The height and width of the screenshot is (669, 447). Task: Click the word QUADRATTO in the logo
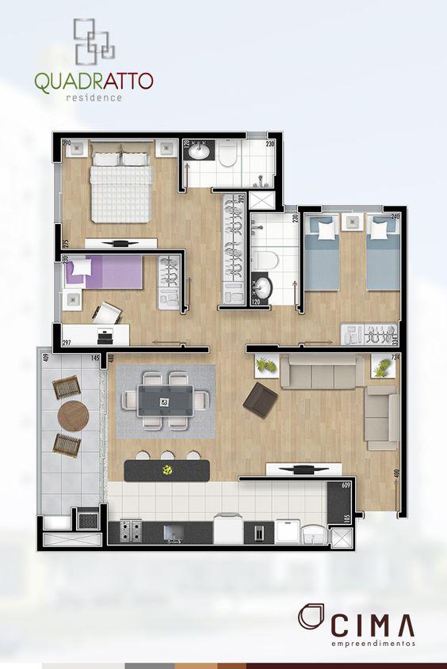[94, 81]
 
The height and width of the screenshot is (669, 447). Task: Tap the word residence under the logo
[94, 97]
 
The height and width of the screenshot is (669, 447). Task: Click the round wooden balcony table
[74, 416]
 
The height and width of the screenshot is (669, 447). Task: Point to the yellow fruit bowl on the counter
[168, 470]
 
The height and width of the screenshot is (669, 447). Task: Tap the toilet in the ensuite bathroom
[228, 155]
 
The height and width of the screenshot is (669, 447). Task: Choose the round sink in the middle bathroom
[261, 289]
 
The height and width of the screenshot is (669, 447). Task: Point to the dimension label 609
[346, 485]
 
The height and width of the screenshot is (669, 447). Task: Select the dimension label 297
[67, 343]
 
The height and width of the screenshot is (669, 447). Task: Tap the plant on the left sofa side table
[266, 366]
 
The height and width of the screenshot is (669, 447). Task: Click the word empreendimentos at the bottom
[372, 644]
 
